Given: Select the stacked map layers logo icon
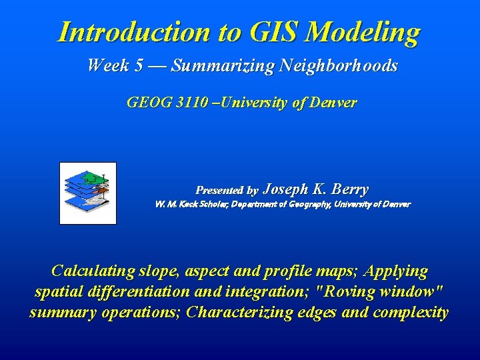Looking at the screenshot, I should coord(88,193).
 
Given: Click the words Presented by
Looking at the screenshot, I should coord(227,191).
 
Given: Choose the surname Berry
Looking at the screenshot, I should coord(350,189).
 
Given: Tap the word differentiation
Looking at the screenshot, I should coord(142,292).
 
